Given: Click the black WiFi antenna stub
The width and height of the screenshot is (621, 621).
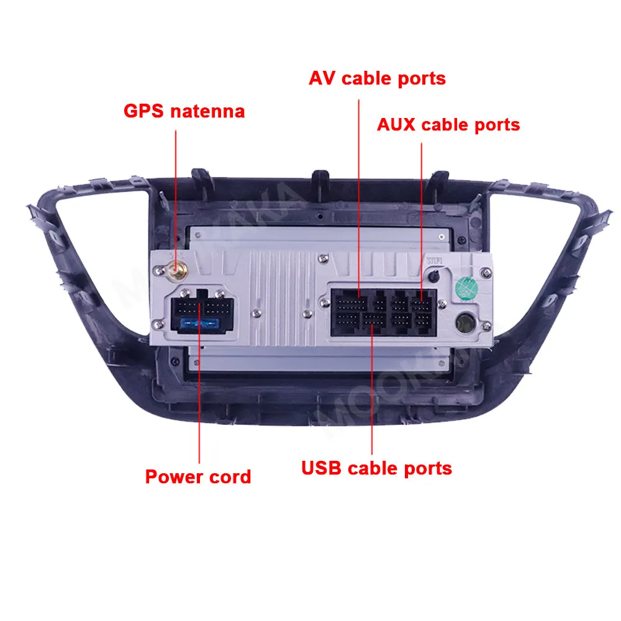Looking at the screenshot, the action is pos(433,274).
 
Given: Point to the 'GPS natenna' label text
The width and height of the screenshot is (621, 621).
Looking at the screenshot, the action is pos(184,111).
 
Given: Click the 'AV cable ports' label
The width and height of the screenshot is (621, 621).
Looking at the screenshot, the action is pos(377,78).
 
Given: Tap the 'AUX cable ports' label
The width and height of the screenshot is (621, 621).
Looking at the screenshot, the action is pos(448,124).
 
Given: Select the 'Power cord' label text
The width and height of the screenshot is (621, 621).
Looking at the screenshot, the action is pos(197,477).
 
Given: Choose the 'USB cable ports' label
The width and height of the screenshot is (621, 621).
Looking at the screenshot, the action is pos(376,468).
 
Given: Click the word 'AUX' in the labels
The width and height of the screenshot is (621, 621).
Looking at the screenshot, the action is pos(396,124).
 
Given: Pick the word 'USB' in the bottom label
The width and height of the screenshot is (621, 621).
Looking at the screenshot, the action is pos(322,468).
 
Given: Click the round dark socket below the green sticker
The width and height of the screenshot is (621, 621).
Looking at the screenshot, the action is pos(465,323).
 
